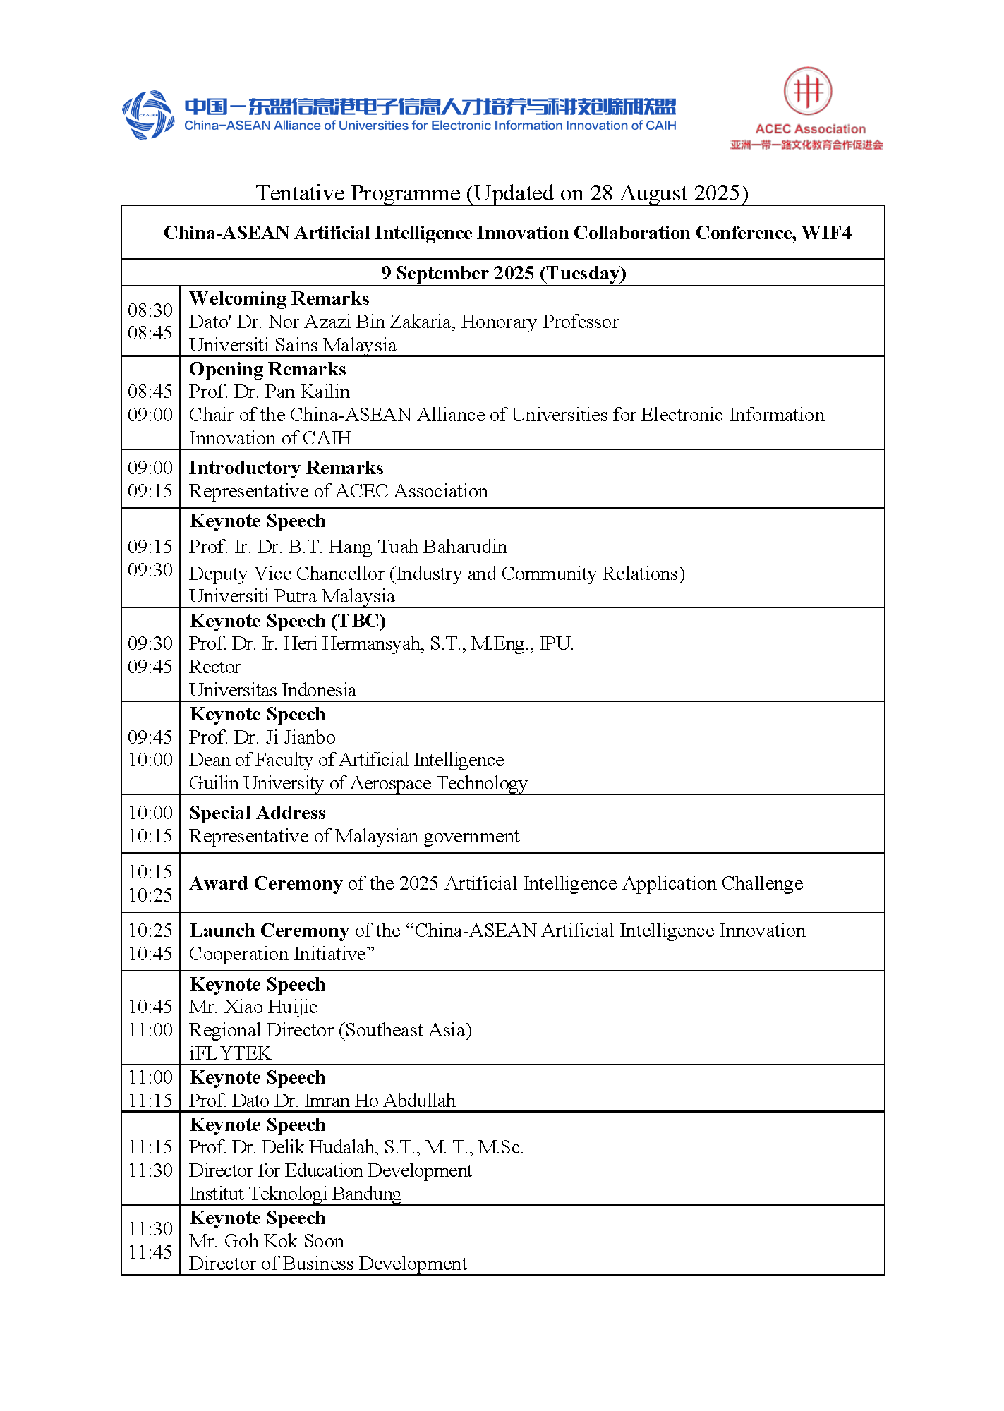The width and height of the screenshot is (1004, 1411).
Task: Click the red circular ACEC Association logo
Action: [807, 91]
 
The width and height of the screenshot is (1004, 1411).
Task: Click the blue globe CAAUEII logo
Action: [148, 114]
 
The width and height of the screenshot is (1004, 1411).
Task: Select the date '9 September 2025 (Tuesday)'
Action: [503, 273]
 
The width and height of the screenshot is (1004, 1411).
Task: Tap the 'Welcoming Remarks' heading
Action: [279, 298]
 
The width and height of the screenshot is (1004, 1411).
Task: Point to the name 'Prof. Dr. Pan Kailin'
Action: [269, 392]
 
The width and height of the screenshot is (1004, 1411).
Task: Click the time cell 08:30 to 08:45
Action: [150, 321]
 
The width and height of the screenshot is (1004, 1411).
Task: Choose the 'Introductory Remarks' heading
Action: [286, 468]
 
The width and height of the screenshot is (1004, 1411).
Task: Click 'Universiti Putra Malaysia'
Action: [291, 596]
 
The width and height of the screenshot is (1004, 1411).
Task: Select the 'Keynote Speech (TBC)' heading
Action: [287, 621]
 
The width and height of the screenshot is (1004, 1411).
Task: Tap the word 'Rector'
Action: [214, 667]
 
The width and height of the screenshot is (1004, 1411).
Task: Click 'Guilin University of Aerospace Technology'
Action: [358, 783]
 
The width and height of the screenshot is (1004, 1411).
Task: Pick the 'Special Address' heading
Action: [257, 813]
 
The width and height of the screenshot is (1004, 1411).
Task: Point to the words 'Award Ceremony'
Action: [265, 883]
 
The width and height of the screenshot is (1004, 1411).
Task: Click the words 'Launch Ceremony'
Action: [269, 931]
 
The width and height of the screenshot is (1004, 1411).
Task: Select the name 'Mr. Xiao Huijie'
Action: [253, 1007]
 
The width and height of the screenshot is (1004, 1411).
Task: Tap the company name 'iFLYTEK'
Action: [230, 1053]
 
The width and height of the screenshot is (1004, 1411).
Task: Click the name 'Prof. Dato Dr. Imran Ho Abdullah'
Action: [322, 1101]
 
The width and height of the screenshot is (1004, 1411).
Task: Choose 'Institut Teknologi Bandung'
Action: [295, 1194]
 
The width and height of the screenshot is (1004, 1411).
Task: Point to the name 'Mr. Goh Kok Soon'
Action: [266, 1241]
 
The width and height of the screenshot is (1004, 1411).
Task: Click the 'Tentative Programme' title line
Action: [502, 193]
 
